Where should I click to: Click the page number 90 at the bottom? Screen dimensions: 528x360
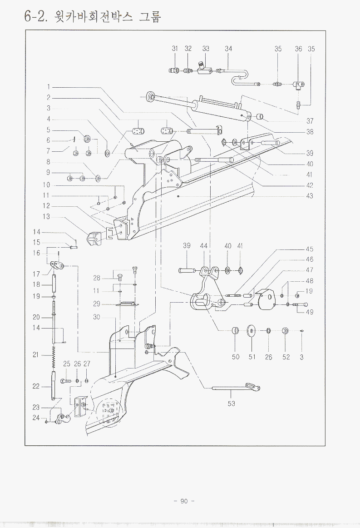pos(184,501)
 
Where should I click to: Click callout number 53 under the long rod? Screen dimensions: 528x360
pos(232,403)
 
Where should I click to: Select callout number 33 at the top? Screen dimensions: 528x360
pos(206,49)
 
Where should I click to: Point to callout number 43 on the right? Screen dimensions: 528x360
pos(309,196)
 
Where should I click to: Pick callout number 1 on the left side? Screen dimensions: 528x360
pos(48,86)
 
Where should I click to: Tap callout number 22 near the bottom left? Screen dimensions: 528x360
pos(36,386)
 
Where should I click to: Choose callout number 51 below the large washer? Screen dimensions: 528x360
pos(252,357)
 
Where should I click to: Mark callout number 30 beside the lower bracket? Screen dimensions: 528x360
pos(96,317)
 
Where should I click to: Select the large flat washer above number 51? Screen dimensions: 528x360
pos(251,330)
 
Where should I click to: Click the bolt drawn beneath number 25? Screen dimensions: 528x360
pos(66,380)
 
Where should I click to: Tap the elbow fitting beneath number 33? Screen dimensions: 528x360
pos(203,69)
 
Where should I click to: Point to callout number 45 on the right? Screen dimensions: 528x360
pos(309,249)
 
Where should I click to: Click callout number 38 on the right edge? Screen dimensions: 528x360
pos(309,132)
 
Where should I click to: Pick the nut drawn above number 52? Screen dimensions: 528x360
pos(286,330)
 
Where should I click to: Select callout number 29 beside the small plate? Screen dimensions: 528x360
pos(96,304)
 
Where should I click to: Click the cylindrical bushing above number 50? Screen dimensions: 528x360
pos(235,330)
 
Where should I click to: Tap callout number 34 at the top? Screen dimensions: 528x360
pos(228,49)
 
